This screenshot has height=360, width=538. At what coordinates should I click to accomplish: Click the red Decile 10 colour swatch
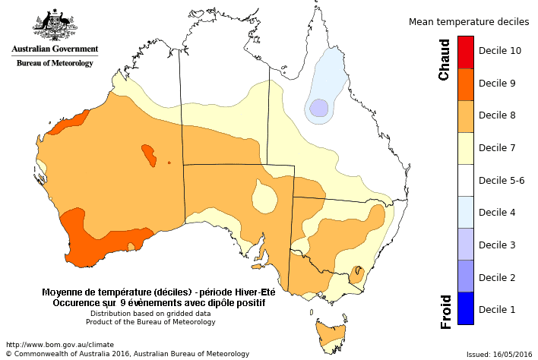[466, 51]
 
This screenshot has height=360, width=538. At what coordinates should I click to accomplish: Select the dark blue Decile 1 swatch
[466, 308]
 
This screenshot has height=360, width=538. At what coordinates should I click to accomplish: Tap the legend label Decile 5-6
[501, 180]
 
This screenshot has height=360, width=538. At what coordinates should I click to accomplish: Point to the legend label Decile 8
[497, 115]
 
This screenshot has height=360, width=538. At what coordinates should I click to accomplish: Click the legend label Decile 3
[497, 245]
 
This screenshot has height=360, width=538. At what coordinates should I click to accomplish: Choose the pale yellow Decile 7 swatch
[466, 148]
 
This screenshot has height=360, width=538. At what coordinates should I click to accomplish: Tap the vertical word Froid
[447, 311]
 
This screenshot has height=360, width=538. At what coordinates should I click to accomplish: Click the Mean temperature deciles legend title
[469, 22]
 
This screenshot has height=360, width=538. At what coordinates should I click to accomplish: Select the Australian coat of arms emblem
[55, 25]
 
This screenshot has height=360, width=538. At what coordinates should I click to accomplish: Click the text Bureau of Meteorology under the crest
[55, 63]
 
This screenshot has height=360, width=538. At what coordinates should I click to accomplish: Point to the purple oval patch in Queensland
[319, 108]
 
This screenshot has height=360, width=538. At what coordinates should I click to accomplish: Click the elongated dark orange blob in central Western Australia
[148, 155]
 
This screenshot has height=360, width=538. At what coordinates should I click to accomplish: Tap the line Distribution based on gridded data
[150, 313]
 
